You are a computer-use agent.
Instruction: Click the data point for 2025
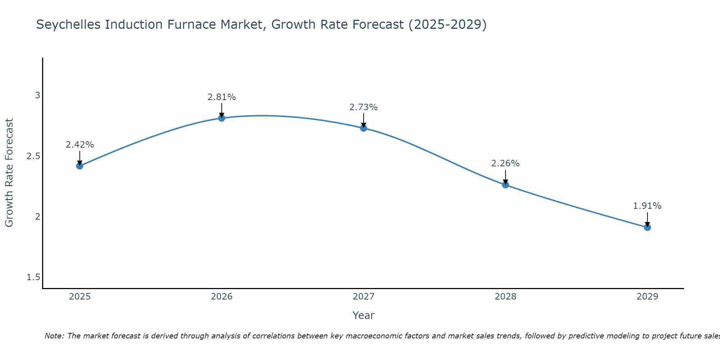coord(80,166)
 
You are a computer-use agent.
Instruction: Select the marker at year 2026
coord(222,118)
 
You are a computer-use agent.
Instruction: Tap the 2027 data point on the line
coord(364,128)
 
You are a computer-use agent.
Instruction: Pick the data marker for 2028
coord(505,185)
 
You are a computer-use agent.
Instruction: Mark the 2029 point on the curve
coord(647,228)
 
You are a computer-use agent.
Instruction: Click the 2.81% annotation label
coord(222,97)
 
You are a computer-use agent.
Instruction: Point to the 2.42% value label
coord(80,145)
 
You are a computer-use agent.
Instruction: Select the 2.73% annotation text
coord(364,107)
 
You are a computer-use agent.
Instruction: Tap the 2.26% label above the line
coord(505,163)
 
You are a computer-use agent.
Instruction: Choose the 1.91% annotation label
coord(647,206)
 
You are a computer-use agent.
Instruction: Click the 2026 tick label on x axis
coord(222,297)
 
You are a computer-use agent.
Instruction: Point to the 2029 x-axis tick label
coord(647,297)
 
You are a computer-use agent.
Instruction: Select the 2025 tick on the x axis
coord(80,297)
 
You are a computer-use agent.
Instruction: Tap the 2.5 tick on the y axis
coord(33,156)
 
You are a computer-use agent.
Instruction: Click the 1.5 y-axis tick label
coord(33,277)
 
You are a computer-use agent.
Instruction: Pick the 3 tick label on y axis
coord(37,95)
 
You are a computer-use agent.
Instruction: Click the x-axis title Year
coord(364,315)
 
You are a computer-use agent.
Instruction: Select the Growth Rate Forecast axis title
coord(9,173)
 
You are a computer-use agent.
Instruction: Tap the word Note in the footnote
coord(54,336)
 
